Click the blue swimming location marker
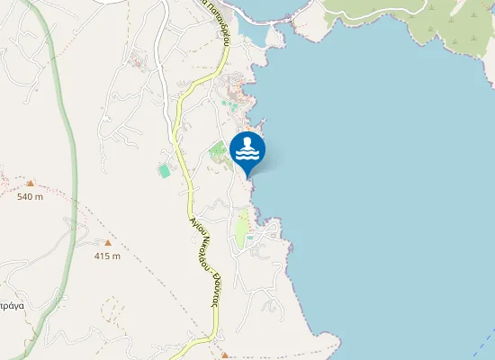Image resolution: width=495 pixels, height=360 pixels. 247,150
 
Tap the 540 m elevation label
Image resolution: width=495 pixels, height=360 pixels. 30,196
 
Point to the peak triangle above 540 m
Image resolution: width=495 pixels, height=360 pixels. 30,183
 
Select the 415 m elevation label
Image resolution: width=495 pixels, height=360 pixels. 107,256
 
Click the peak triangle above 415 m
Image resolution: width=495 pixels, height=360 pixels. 108,242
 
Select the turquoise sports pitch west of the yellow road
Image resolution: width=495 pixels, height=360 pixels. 164,169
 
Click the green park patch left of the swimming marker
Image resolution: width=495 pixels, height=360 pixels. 219,151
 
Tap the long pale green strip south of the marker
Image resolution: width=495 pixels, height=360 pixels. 241,229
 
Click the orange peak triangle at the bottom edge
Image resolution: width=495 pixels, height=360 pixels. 225,355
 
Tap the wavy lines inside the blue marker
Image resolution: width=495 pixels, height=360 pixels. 247,154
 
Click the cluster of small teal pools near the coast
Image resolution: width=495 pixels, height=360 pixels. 234,104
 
